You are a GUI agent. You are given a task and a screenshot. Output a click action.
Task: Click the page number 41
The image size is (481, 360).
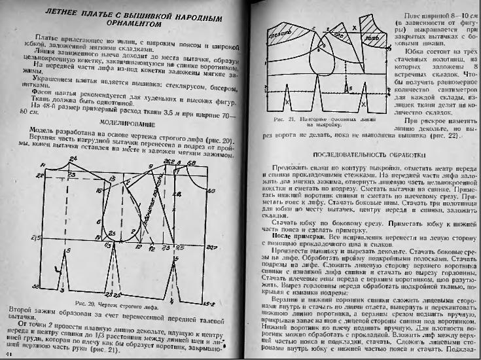pyautogui.click(x=6, y=353)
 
